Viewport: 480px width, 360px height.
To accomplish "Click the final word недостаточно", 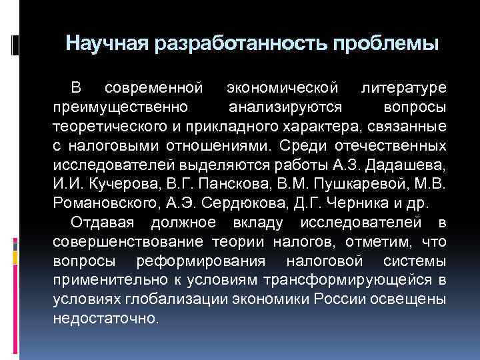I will click(x=107, y=317).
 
